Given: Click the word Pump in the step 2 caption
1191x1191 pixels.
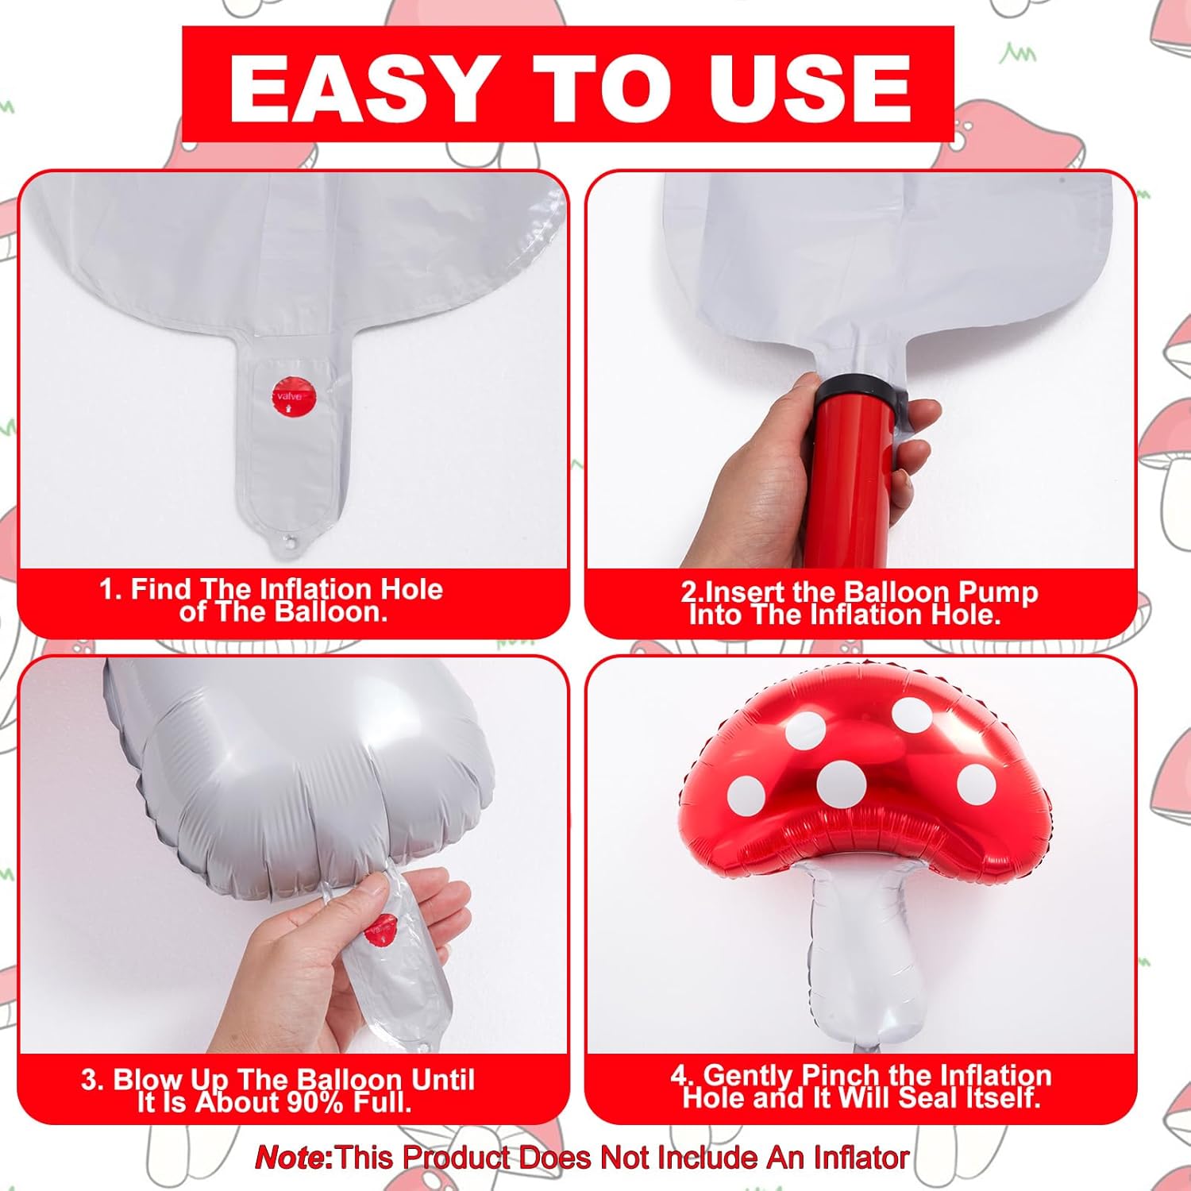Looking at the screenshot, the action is click(x=998, y=593).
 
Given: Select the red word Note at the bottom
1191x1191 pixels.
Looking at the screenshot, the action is click(x=291, y=1158).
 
